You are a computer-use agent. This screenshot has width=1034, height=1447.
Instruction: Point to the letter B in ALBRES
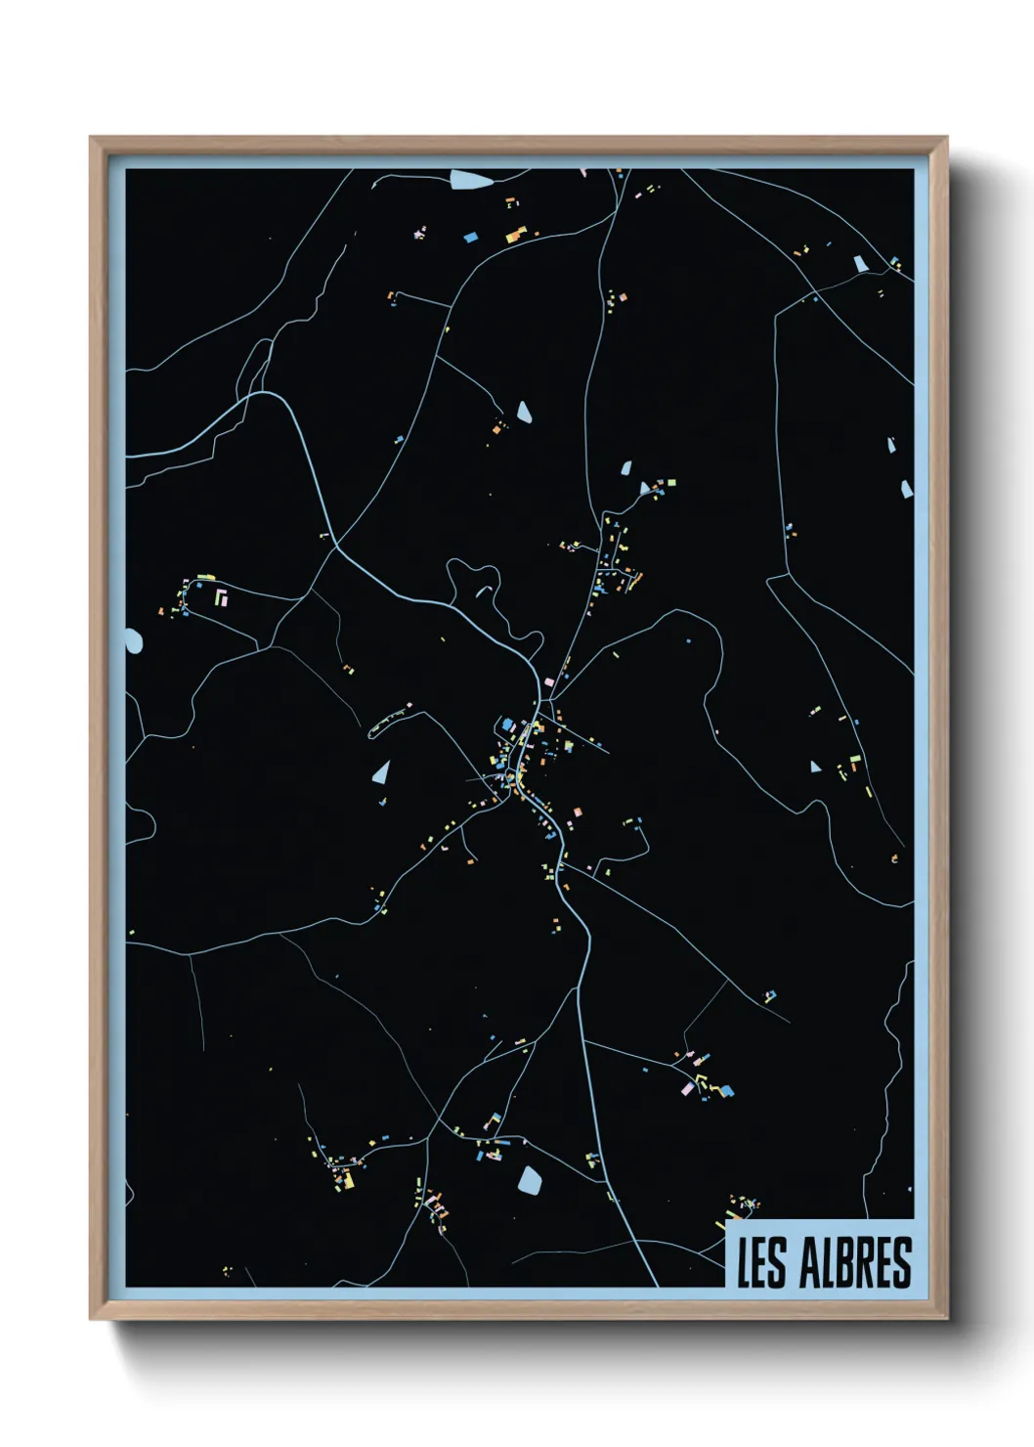[846, 1262]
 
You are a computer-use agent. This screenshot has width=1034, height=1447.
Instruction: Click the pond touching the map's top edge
[470, 179]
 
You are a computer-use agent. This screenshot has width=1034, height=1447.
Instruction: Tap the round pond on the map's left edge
[133, 641]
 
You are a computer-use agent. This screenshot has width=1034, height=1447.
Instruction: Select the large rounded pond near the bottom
[530, 1181]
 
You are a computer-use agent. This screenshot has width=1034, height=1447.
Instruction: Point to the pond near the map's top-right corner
[860, 263]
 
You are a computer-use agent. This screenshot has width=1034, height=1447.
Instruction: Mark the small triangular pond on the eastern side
[815, 767]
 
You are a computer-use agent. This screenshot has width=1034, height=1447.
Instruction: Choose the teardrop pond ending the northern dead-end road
[524, 412]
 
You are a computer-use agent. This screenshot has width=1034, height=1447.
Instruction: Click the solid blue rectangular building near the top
[470, 237]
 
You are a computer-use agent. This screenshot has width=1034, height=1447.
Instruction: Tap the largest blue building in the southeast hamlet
[726, 1090]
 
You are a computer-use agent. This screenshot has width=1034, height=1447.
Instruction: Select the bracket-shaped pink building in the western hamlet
[221, 595]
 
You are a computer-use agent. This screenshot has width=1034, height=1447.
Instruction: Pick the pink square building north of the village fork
[549, 681]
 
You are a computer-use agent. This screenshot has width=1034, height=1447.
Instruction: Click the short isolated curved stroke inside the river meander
[483, 592]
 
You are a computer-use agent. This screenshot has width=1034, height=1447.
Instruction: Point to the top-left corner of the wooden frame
[91, 138]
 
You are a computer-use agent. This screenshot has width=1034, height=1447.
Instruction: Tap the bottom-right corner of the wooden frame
[946, 1318]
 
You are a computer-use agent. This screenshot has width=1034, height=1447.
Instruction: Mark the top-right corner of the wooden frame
[946, 138]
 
